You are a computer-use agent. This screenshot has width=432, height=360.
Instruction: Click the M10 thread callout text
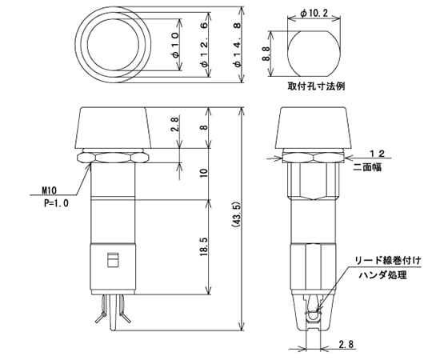point(52,192)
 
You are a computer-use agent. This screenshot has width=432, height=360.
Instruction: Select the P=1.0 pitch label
point(55,203)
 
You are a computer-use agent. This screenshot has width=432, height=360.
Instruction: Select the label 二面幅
point(377,169)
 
